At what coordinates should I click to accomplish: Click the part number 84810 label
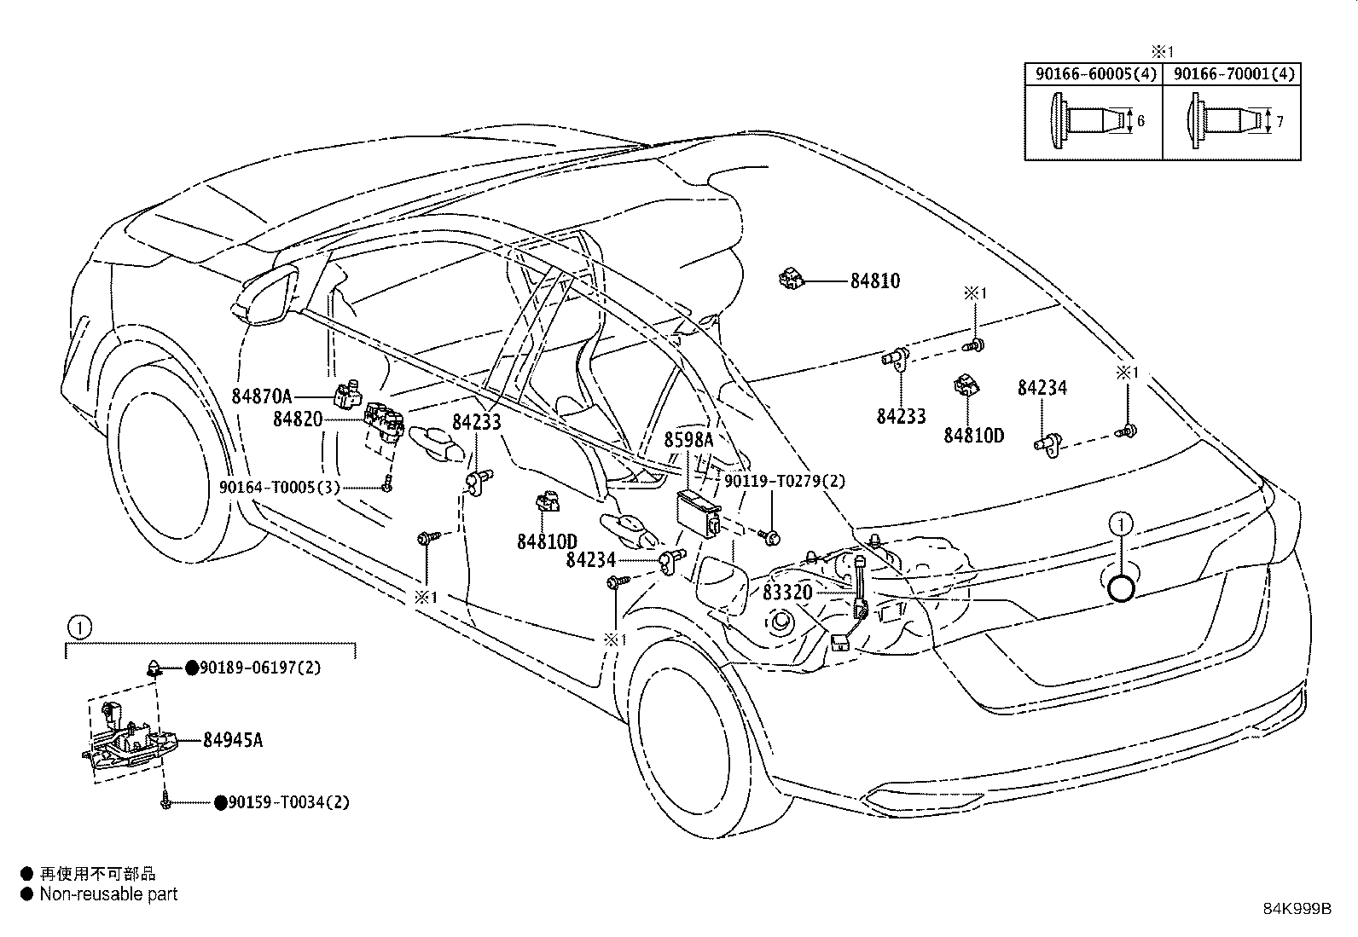click(x=874, y=281)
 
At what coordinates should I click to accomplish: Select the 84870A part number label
click(x=261, y=396)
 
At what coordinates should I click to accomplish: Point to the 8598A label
click(x=688, y=440)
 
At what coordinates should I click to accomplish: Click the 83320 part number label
click(x=787, y=593)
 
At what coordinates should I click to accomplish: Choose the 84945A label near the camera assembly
click(x=232, y=740)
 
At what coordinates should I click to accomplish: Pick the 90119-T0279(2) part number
click(x=785, y=481)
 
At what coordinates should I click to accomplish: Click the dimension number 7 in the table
click(x=1279, y=122)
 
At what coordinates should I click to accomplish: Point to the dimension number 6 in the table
click(x=1140, y=122)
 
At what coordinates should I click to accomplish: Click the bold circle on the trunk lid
click(x=1121, y=587)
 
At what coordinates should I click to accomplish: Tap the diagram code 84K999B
click(x=1297, y=908)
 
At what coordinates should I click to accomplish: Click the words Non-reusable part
click(x=108, y=894)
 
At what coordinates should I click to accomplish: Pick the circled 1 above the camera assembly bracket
click(x=78, y=628)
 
